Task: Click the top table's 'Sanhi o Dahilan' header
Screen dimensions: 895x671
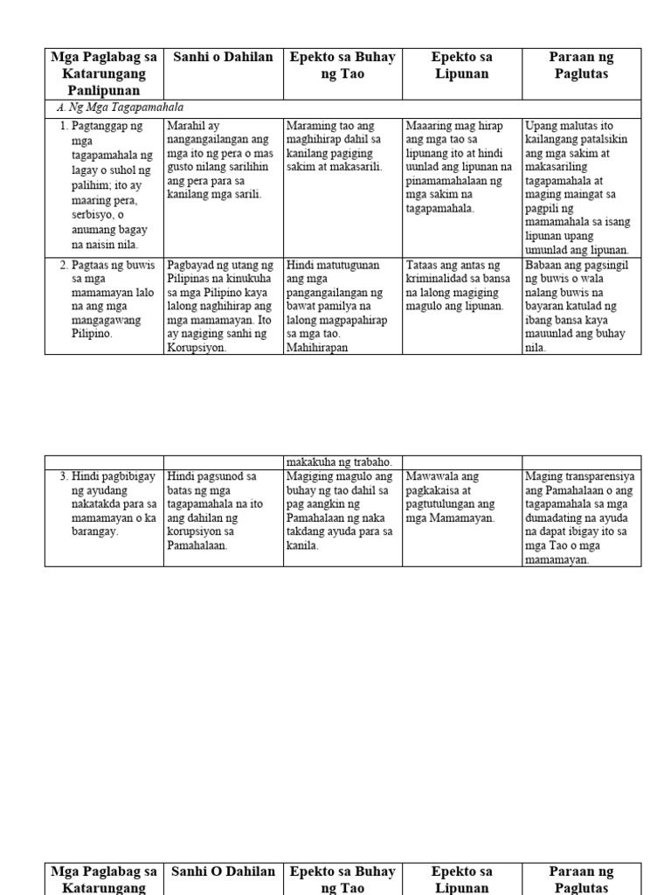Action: (x=223, y=58)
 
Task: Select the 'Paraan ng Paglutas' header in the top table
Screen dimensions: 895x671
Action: (x=581, y=66)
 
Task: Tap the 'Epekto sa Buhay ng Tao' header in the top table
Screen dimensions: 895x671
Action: (x=342, y=66)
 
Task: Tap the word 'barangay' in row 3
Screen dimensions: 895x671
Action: (x=95, y=531)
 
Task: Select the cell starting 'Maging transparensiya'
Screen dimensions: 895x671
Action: (x=580, y=517)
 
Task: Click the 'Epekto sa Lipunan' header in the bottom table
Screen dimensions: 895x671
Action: (x=462, y=879)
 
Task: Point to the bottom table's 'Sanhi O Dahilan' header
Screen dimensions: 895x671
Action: (x=223, y=871)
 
